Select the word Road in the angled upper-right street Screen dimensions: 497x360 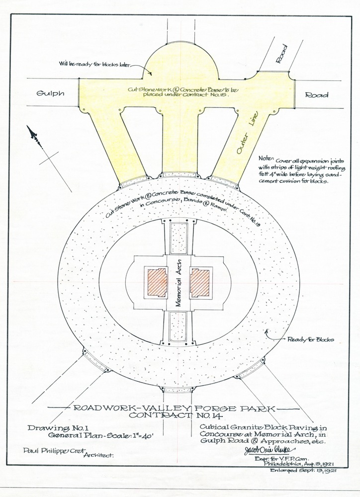tap(281, 53)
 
